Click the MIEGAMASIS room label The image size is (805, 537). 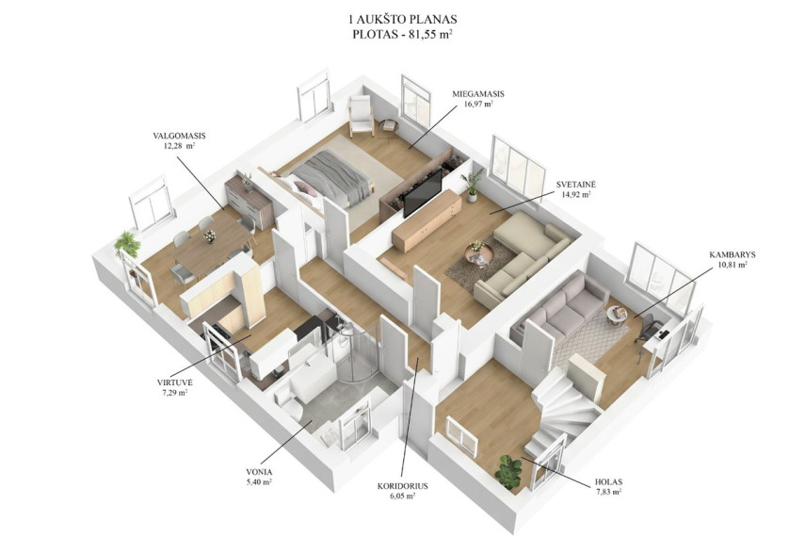tap(478, 94)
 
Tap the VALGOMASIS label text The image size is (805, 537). tap(179, 137)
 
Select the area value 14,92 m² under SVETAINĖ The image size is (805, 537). tap(576, 195)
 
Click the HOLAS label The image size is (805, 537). tap(608, 482)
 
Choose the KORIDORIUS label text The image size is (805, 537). tap(403, 486)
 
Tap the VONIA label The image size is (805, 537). tap(259, 472)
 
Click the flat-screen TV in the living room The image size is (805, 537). tap(423, 193)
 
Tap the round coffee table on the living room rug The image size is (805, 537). tap(479, 252)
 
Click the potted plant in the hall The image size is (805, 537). tap(508, 471)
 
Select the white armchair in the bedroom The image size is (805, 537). tap(362, 116)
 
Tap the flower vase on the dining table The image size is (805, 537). tap(209, 236)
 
